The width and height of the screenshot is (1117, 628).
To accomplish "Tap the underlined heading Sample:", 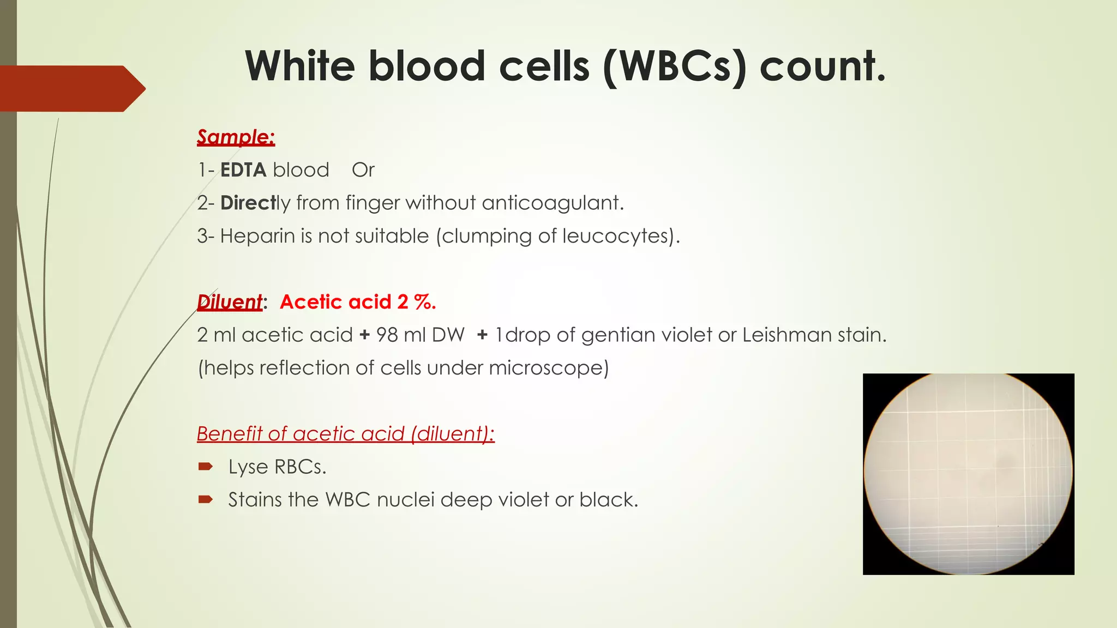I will [x=236, y=137].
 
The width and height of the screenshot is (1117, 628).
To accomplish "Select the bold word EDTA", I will [x=243, y=170].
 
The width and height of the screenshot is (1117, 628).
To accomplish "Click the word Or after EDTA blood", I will [x=363, y=170].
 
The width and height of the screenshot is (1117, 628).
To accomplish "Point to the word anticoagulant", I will [x=553, y=203].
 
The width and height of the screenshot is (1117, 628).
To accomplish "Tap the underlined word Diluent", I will [x=229, y=302].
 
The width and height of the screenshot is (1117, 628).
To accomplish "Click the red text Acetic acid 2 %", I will [x=358, y=302].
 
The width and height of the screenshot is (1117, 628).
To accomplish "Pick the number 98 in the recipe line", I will [x=387, y=335].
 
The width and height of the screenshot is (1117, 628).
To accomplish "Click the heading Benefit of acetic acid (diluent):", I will [x=345, y=434].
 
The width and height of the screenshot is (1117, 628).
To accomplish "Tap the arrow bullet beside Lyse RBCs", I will [x=205, y=466].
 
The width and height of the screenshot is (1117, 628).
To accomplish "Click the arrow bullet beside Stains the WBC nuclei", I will [x=205, y=499].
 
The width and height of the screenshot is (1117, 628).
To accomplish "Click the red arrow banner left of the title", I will [x=71, y=88].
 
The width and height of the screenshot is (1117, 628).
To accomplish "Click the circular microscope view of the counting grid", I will [x=968, y=474].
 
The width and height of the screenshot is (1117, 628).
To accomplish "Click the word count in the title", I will [x=822, y=66].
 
